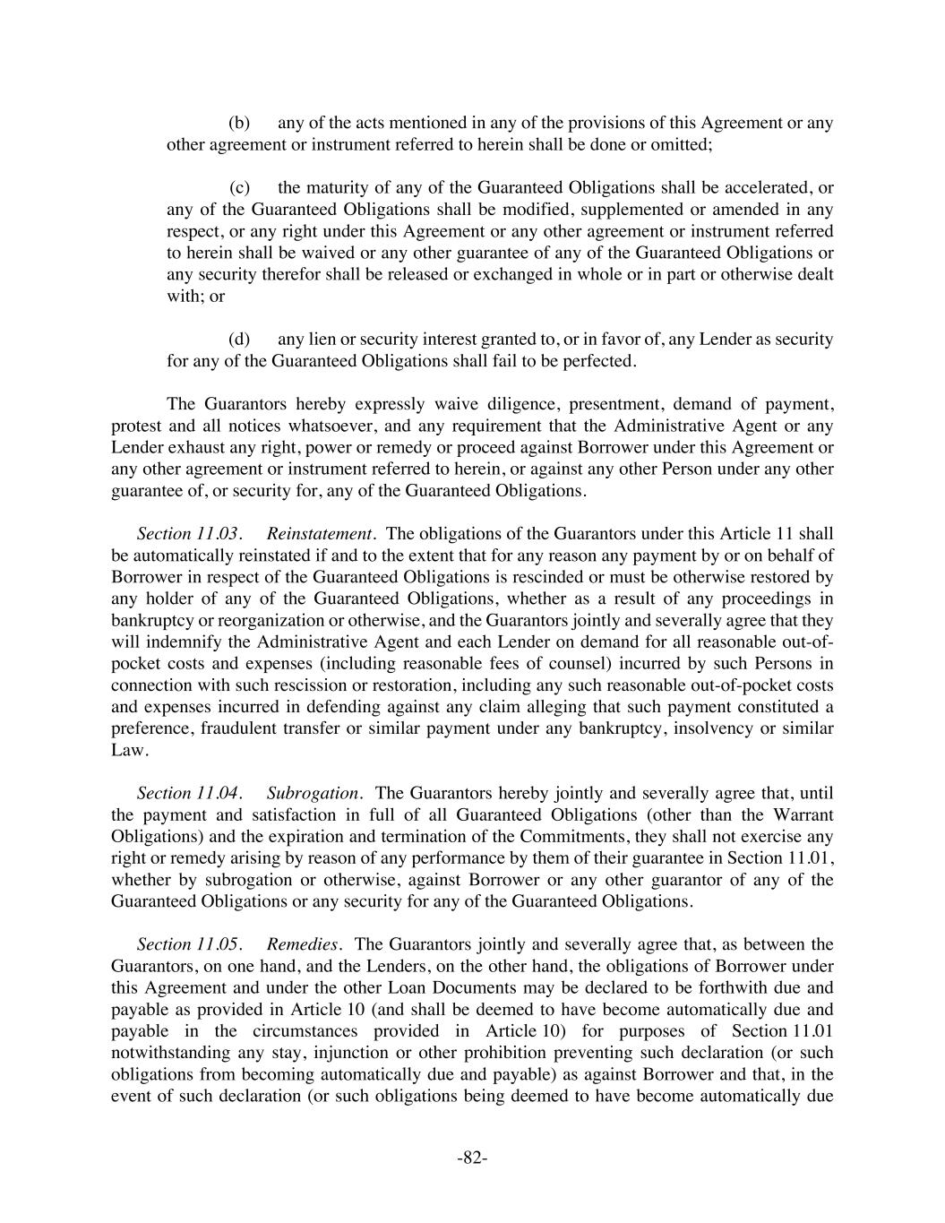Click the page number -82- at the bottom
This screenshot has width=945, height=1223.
[x=472, y=1158]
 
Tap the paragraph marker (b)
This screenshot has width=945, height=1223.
[x=239, y=123]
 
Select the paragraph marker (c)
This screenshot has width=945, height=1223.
[x=239, y=188]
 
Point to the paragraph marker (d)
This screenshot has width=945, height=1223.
[x=239, y=340]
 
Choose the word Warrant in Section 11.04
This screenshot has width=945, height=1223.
[x=803, y=815]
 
